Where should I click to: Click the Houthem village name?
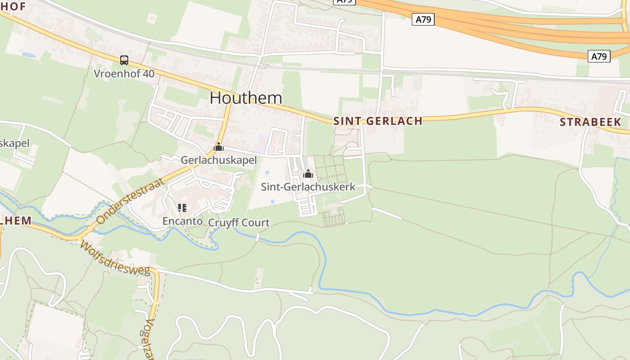pyautogui.click(x=246, y=98)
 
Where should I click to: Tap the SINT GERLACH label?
pyautogui.click(x=378, y=121)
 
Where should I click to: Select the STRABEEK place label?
pyautogui.click(x=590, y=122)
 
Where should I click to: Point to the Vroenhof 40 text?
pyautogui.click(x=124, y=73)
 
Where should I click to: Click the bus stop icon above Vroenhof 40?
pyautogui.click(x=124, y=60)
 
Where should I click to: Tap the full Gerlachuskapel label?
pyautogui.click(x=218, y=160)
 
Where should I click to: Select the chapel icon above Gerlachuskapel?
pyautogui.click(x=218, y=147)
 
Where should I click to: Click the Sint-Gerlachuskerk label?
pyautogui.click(x=308, y=187)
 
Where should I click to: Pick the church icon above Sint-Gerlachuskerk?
pyautogui.click(x=308, y=174)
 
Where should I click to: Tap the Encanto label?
pyautogui.click(x=182, y=221)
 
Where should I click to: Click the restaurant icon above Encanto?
pyautogui.click(x=182, y=208)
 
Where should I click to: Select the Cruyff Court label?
pyautogui.click(x=239, y=222)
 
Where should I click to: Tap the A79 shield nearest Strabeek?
pyautogui.click(x=598, y=56)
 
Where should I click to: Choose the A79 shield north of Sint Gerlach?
pyautogui.click(x=423, y=19)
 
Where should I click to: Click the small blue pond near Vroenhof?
pyautogui.click(x=28, y=55)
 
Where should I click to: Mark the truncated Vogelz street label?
pyautogui.click(x=150, y=340)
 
